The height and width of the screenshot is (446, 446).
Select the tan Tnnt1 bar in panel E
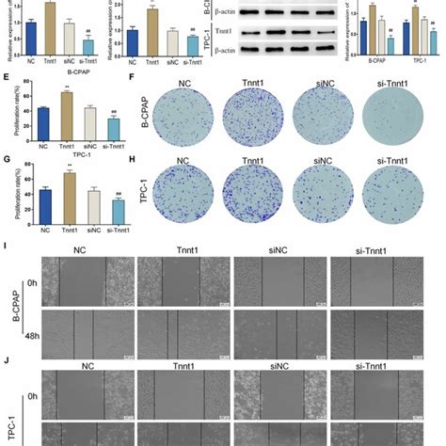[67, 118]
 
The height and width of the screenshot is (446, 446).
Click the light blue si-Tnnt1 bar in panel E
[114, 131]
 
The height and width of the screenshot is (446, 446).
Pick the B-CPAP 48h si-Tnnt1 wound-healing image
[379, 332]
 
